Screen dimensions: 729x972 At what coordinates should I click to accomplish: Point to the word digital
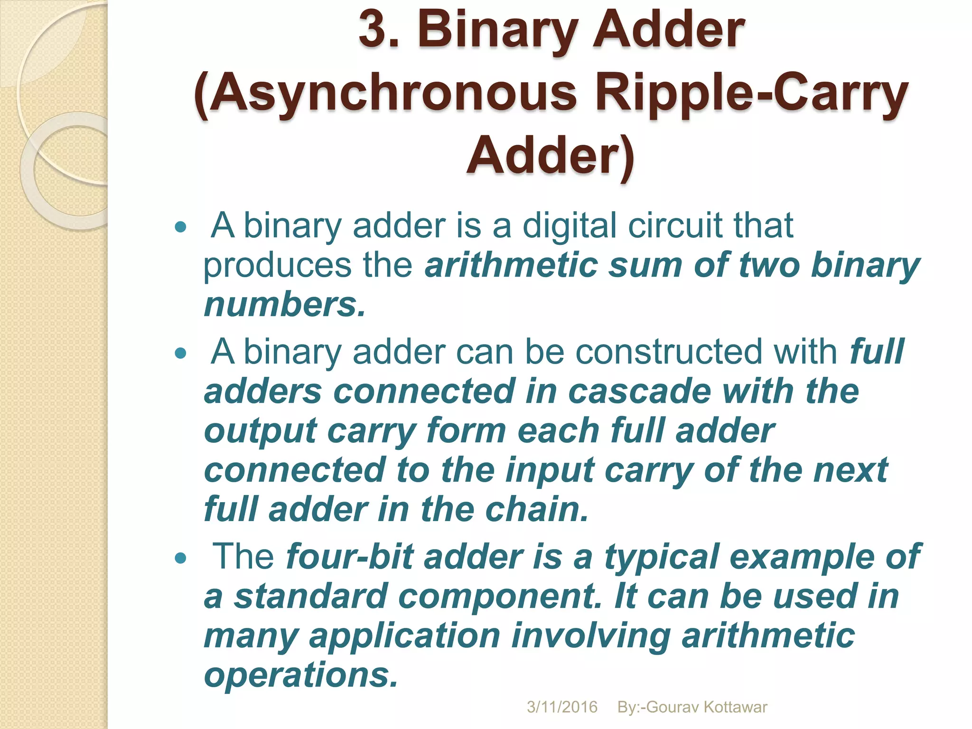(x=570, y=225)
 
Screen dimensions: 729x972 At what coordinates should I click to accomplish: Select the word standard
(x=310, y=596)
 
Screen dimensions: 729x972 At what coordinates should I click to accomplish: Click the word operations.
(x=300, y=675)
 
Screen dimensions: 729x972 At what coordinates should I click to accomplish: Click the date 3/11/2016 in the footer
(x=562, y=707)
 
